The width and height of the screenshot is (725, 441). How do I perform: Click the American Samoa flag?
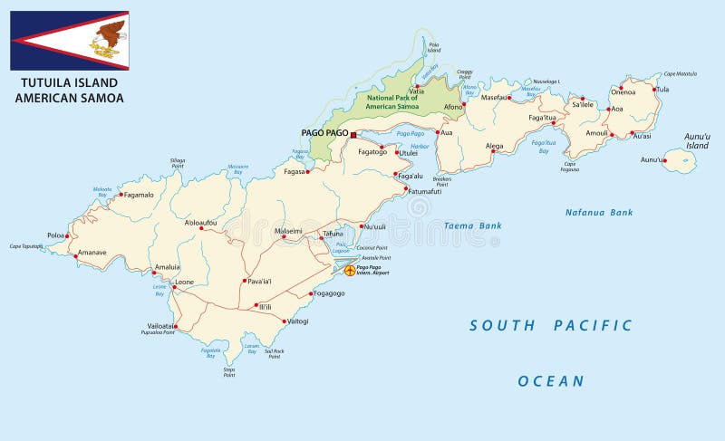[x=70, y=40]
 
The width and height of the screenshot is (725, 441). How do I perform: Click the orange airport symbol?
[x=349, y=270]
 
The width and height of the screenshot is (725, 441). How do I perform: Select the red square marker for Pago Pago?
[x=353, y=134]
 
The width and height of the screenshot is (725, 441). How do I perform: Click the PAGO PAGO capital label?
[x=324, y=133]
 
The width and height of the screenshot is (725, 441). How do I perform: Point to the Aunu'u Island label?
[x=697, y=140]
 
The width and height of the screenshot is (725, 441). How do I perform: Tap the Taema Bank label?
[x=472, y=225]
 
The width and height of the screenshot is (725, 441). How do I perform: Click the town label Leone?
[x=184, y=282]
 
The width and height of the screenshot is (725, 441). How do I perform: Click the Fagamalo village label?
[x=139, y=195]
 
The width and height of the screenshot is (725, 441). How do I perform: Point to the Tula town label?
[x=662, y=90]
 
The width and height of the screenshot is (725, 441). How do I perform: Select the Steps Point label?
[x=229, y=370]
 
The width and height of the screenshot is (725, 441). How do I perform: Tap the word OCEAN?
[x=551, y=381]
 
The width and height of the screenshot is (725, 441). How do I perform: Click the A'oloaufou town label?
[x=200, y=222]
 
